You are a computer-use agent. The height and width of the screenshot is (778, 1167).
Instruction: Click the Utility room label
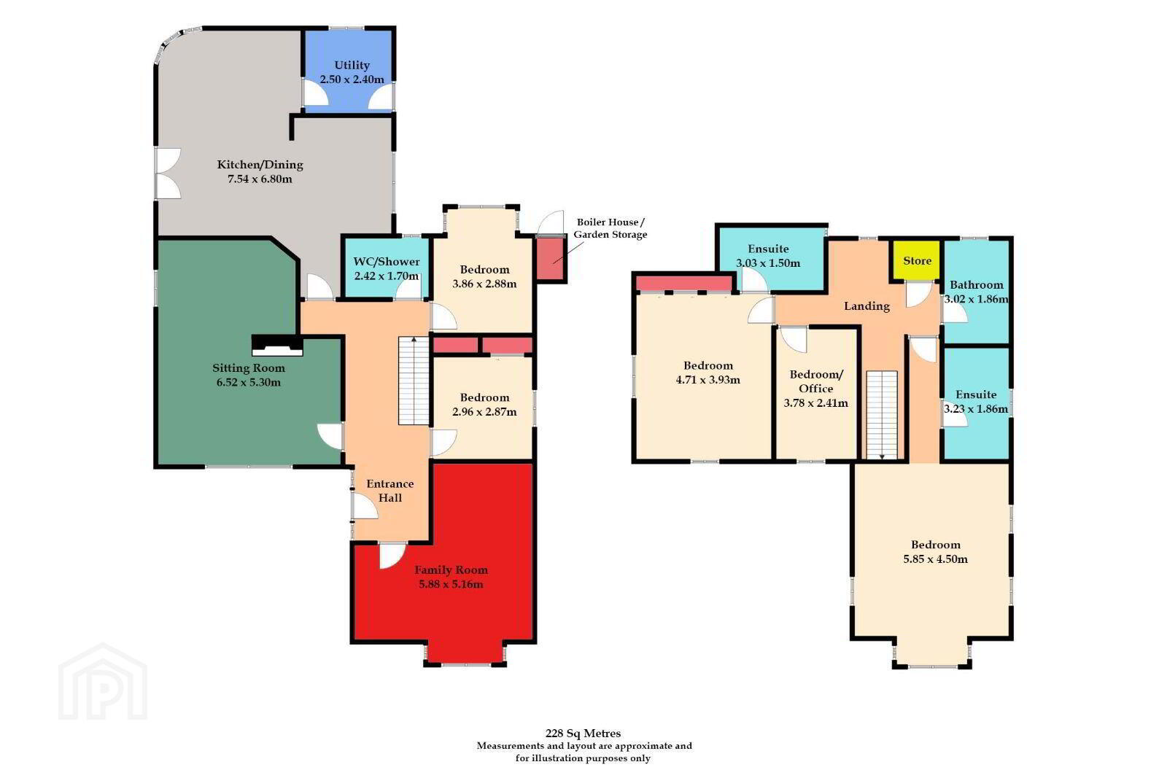pyautogui.click(x=352, y=66)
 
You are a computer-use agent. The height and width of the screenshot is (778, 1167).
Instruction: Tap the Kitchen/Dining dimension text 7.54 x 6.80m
pyautogui.click(x=260, y=179)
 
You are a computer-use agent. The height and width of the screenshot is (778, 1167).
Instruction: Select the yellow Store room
pyautogui.click(x=916, y=260)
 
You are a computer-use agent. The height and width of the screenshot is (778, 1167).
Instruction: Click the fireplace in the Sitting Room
pyautogui.click(x=277, y=346)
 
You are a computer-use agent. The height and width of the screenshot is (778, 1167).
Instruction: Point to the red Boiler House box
pyautogui.click(x=551, y=259)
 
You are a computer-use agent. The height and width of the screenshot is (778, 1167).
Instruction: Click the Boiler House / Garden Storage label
pyautogui.click(x=610, y=228)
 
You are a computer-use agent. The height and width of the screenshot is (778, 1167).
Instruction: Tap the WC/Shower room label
pyautogui.click(x=386, y=262)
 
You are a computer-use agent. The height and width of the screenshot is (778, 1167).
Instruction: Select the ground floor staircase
pyautogui.click(x=414, y=381)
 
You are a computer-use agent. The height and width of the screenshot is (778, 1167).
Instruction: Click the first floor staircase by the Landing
pyautogui.click(x=882, y=415)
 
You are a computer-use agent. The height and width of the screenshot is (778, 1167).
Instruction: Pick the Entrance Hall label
pyautogui.click(x=389, y=491)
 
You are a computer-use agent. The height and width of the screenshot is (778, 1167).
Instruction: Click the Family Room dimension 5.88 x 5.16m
pyautogui.click(x=451, y=584)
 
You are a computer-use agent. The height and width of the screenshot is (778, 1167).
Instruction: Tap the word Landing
pyautogui.click(x=866, y=306)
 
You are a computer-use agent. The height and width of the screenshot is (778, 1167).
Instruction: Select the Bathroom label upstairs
pyautogui.click(x=976, y=285)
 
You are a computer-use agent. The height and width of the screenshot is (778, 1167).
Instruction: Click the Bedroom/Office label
pyautogui.click(x=816, y=381)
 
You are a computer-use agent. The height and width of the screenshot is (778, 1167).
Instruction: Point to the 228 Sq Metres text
pyautogui.click(x=583, y=734)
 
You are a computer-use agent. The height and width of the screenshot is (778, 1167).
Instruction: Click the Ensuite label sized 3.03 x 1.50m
pyautogui.click(x=768, y=249)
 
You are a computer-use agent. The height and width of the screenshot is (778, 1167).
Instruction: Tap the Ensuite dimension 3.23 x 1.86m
pyautogui.click(x=976, y=409)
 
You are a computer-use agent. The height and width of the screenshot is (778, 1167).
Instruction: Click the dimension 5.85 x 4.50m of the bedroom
pyautogui.click(x=936, y=559)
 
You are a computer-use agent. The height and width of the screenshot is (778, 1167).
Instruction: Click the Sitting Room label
pyautogui.click(x=249, y=368)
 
